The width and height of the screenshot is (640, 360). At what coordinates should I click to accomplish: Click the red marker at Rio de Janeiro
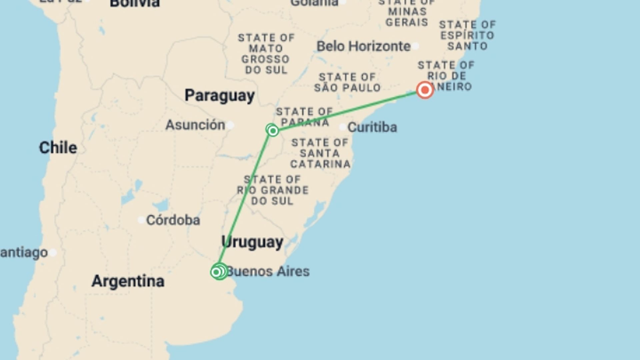(x=425, y=90)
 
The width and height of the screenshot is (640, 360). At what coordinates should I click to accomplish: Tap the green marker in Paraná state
(x=273, y=130)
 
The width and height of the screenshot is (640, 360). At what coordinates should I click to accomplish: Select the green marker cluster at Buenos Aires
(x=219, y=272)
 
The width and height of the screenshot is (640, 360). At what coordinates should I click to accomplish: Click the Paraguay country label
(x=220, y=96)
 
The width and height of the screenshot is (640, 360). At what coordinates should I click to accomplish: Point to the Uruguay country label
(x=252, y=242)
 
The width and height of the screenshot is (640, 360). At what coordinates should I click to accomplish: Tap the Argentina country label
(x=128, y=281)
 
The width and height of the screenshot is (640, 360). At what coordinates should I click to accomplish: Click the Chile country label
(x=58, y=147)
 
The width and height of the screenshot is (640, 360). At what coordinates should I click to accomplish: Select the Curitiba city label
(x=372, y=127)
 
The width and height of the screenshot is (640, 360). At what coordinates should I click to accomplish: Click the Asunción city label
(x=195, y=125)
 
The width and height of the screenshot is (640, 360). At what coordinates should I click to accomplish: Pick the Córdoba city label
(x=173, y=220)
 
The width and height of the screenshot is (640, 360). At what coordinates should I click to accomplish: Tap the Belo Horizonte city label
(x=363, y=46)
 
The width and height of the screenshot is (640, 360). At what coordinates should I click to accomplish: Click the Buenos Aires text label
(x=268, y=271)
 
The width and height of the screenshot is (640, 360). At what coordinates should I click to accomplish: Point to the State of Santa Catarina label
(x=320, y=153)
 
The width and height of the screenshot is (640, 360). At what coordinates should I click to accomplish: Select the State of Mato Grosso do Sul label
(x=266, y=54)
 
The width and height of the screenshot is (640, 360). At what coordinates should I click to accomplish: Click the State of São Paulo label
(x=347, y=82)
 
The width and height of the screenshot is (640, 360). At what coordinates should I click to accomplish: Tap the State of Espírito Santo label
(x=467, y=35)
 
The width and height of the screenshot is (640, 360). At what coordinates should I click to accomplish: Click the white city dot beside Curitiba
(x=342, y=127)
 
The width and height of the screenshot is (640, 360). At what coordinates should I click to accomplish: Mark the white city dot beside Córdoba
(x=141, y=220)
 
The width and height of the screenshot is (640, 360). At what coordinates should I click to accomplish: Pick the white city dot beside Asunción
(x=230, y=125)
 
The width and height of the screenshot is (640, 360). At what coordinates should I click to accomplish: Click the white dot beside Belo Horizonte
(x=415, y=46)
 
